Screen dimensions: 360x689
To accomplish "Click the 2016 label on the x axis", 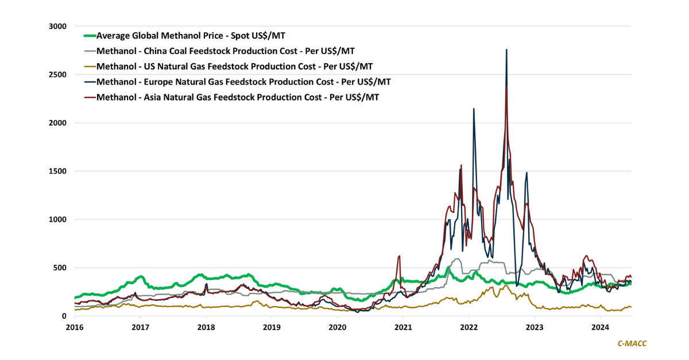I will [75, 327].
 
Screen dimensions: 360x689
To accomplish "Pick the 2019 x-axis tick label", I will [272, 327].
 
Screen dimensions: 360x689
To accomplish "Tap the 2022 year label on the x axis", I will [469, 327].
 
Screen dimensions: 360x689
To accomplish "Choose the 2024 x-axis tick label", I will [600, 327].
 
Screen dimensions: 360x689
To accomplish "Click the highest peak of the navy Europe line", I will [506, 50].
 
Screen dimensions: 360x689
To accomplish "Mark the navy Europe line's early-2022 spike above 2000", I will [473, 109].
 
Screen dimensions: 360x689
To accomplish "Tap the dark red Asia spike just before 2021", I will [399, 256].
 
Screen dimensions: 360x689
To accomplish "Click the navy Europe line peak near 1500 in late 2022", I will [527, 173].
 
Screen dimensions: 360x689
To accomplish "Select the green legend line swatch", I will [90, 36].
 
